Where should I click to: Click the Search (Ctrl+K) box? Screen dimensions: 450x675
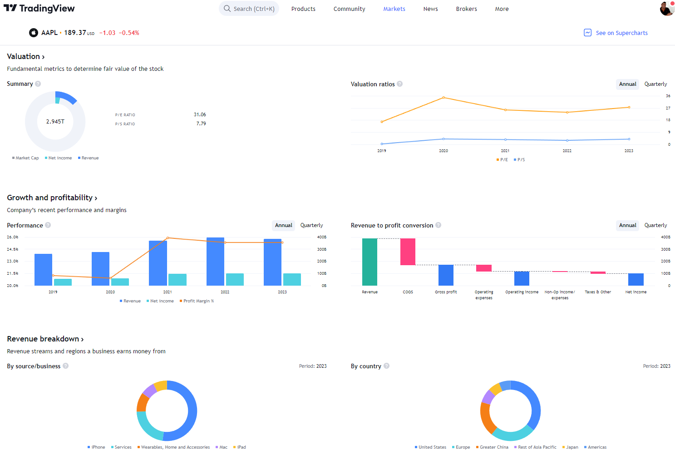point(249,9)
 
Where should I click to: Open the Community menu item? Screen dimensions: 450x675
point(349,9)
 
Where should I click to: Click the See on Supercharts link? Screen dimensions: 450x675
point(621,33)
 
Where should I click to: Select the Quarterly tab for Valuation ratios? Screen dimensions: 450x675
point(655,84)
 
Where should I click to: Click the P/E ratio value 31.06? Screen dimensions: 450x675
point(200,114)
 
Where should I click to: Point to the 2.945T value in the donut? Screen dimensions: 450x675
point(55,122)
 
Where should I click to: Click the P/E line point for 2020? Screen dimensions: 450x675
point(443,98)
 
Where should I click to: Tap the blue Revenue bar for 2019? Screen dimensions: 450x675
point(43,269)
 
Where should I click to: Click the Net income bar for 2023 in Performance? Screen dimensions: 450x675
point(292,279)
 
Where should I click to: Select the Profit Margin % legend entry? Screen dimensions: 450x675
point(198,301)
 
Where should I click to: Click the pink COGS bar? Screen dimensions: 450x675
point(408,252)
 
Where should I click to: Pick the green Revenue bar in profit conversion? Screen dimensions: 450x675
point(370,262)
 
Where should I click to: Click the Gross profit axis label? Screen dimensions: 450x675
point(446,292)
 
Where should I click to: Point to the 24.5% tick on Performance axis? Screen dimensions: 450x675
point(13,249)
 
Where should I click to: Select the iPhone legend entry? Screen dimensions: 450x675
point(98,447)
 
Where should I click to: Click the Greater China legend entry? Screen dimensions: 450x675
point(493,447)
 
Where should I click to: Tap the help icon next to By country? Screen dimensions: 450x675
point(386,366)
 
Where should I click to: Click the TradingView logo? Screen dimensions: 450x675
point(39,8)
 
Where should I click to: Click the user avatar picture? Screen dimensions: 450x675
point(666,8)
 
